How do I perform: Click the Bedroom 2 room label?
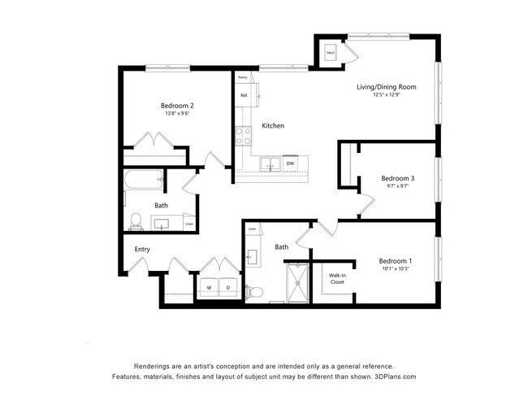(175, 106)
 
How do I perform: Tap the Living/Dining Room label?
(387, 87)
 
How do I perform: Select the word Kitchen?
(273, 126)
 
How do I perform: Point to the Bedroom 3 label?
(397, 178)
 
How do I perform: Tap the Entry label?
(132, 249)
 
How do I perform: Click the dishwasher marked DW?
(290, 164)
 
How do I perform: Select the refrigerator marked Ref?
(244, 96)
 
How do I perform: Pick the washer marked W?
(209, 288)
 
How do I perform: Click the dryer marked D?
(227, 288)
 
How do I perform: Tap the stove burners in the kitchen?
(243, 135)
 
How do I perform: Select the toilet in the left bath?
(136, 220)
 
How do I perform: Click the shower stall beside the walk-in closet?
(298, 282)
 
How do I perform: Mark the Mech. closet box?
(331, 54)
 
